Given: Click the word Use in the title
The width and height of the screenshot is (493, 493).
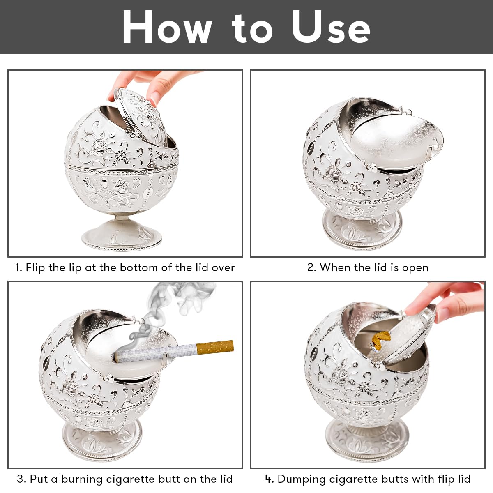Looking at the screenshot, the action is pos(331,27).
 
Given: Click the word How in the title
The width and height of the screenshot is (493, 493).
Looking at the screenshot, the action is pos(167,27).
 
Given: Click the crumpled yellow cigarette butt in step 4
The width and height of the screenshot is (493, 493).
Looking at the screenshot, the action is pos(380,339).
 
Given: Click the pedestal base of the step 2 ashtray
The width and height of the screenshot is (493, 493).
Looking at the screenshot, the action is pos(362,228).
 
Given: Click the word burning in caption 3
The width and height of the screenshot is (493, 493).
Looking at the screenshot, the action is pos(82,479).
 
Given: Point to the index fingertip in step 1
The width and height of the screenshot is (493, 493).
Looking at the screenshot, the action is pos(155,98).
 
